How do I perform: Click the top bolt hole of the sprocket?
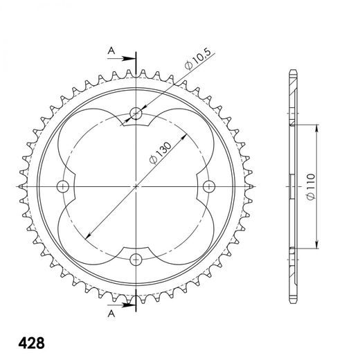click(x=136, y=114)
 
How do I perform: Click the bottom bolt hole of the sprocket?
click(x=136, y=259)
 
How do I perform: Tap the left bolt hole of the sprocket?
click(x=64, y=186)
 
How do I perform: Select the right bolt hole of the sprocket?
click(x=209, y=186)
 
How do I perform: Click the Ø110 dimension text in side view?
click(x=310, y=186)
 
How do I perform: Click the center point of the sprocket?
click(x=136, y=186)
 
